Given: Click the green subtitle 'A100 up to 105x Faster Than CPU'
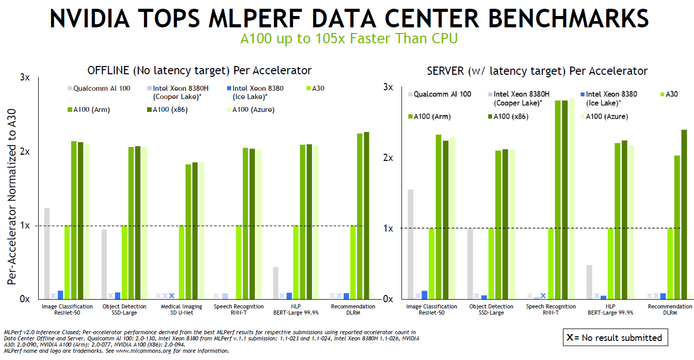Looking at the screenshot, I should coord(349,39).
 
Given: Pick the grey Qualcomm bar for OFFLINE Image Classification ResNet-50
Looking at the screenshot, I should coord(47,253).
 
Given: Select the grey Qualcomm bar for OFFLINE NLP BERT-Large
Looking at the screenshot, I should coord(276,283).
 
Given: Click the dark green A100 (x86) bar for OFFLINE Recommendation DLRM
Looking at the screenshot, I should coord(366,215).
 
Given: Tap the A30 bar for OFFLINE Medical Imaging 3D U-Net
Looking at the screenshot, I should coord(182,262).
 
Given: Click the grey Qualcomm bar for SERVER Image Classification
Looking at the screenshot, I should coord(411,244).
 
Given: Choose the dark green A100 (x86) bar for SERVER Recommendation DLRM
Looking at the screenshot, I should coord(684,214).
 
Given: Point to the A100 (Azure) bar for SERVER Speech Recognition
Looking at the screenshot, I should coord(571,199).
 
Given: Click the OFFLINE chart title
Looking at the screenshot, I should coord(199,70).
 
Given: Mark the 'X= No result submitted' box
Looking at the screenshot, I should coord(615,338).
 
